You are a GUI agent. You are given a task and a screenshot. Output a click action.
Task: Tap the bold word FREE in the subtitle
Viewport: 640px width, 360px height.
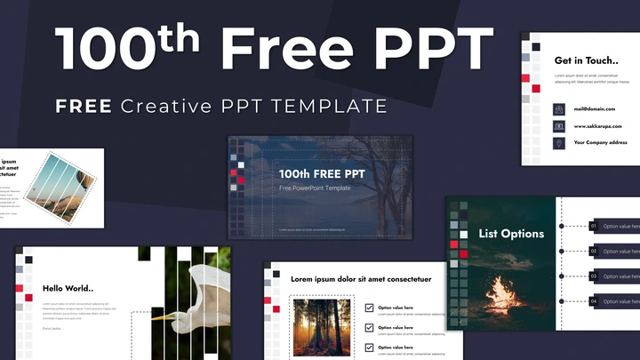pyautogui.click(x=84, y=107)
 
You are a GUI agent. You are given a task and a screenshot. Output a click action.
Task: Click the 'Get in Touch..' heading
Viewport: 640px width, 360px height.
pyautogui.click(x=586, y=60)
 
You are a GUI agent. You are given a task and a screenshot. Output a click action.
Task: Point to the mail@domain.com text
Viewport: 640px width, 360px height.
pyautogui.click(x=594, y=109)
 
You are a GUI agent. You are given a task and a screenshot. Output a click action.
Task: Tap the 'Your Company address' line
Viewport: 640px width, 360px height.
pyautogui.click(x=601, y=142)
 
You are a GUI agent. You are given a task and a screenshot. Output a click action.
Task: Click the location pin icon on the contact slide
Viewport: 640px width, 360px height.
pyautogui.click(x=559, y=143)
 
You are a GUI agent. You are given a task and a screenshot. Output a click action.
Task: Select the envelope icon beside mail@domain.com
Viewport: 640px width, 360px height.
pyautogui.click(x=559, y=109)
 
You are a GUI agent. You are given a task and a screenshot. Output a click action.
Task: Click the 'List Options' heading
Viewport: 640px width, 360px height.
pyautogui.click(x=511, y=234)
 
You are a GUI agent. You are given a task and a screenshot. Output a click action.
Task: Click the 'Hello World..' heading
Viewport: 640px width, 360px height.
pyautogui.click(x=68, y=287)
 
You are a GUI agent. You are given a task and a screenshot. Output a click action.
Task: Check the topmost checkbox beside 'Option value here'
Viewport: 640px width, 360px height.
pyautogui.click(x=369, y=308)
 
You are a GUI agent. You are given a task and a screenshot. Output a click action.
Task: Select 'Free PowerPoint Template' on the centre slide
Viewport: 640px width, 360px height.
pyautogui.click(x=315, y=188)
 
